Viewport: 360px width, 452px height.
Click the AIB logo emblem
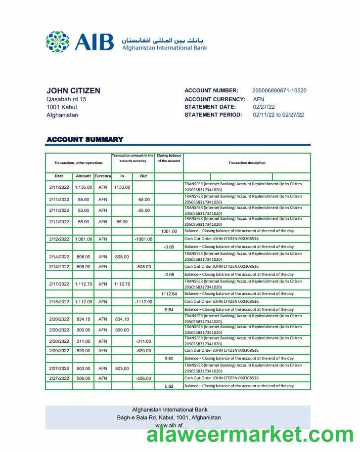58,41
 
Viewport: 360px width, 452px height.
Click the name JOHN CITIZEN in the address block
73,91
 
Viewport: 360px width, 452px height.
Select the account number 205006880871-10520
279,91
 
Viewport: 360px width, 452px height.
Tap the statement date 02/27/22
264,107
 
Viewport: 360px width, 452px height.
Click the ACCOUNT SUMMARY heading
85,139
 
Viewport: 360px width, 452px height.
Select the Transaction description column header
247,163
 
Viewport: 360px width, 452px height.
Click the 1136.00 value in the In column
122,187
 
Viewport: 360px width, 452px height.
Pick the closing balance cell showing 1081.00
169,231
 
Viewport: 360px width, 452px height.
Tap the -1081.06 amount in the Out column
143,239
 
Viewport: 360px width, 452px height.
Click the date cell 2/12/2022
59,239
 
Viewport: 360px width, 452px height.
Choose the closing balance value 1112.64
169,294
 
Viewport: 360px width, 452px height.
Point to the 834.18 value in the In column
122,319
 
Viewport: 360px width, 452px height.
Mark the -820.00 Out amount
143,351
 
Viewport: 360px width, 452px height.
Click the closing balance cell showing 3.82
169,359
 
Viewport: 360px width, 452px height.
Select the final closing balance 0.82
169,386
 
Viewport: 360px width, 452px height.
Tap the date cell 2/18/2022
59,301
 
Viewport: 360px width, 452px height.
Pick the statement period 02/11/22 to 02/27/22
278,115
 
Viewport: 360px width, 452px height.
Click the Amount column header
83,176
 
